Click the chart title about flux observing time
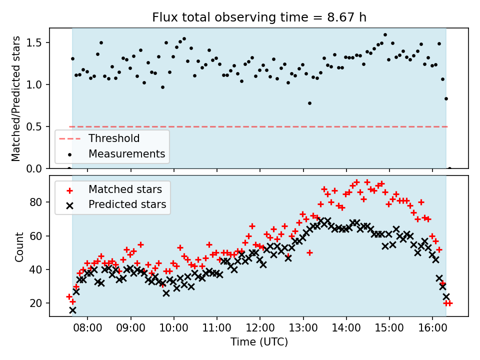(x=259, y=18)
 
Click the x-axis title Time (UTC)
(x=259, y=342)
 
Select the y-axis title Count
(x=19, y=246)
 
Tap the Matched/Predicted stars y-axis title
(x=16, y=98)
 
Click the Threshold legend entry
(x=114, y=138)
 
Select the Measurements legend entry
(x=126, y=154)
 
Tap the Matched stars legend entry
(x=125, y=189)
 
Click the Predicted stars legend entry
(x=127, y=204)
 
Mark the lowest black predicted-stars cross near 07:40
(x=72, y=310)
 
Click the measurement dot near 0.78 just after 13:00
(x=309, y=103)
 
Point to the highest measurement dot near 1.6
(x=385, y=35)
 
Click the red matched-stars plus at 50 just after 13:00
(x=309, y=252)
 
